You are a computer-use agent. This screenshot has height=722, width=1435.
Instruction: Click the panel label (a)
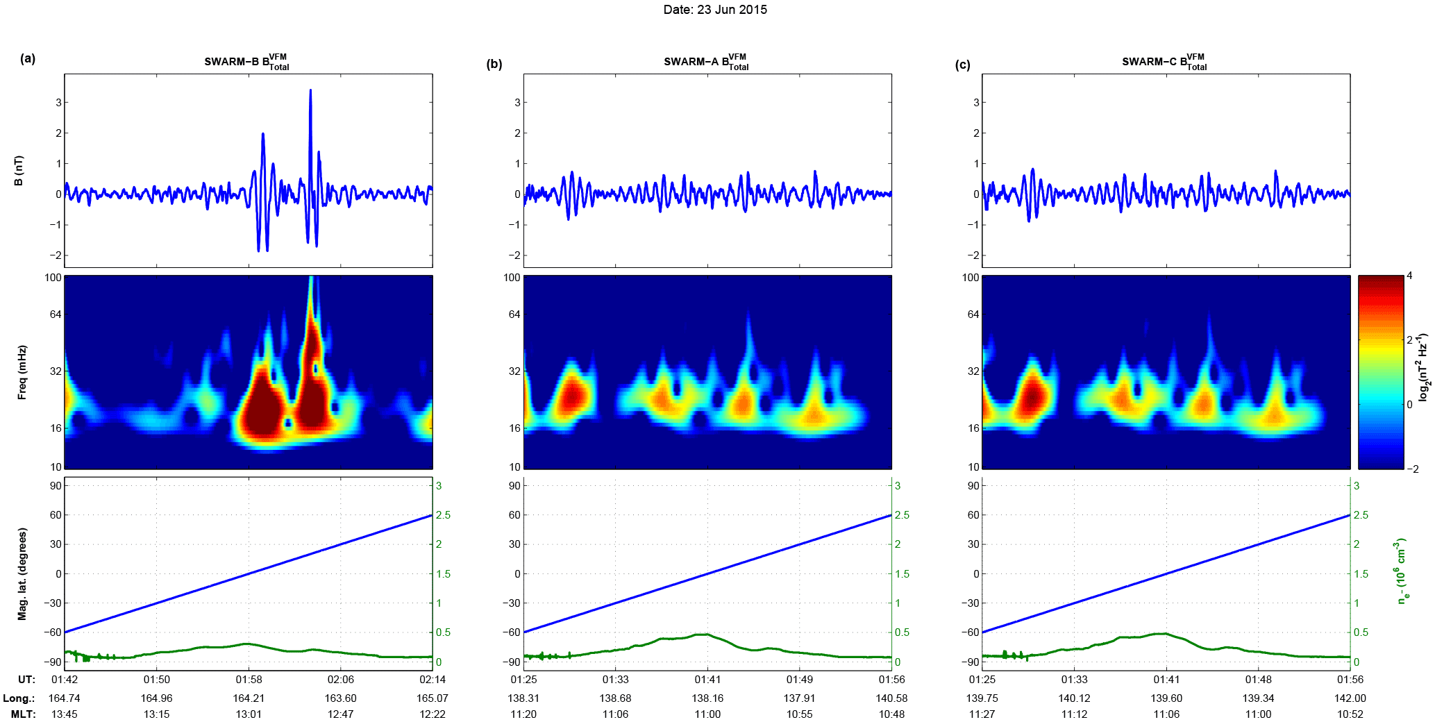(x=28, y=58)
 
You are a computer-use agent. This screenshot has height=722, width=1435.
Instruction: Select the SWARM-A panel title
(x=706, y=62)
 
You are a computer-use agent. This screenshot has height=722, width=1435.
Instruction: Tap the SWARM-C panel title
(x=1164, y=62)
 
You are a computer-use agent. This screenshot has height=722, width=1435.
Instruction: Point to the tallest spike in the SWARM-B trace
(x=310, y=91)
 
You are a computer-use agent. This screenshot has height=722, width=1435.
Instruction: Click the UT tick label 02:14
(x=433, y=680)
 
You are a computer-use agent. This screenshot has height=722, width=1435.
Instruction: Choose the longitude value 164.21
(x=249, y=698)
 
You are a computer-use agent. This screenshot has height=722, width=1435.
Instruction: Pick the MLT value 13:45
(x=65, y=714)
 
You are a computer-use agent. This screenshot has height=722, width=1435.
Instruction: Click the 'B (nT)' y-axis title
(x=19, y=171)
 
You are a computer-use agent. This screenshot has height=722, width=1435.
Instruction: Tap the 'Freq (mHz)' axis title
(x=22, y=372)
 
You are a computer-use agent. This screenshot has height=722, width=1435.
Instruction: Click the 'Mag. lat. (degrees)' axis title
(x=22, y=573)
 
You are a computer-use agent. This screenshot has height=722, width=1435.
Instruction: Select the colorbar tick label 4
(x=1409, y=276)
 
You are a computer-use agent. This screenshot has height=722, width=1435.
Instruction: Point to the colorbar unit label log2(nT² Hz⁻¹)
(x=1423, y=368)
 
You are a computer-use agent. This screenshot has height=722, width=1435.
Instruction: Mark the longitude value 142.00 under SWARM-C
(x=1350, y=698)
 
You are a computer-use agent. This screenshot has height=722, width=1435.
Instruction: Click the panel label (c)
(x=962, y=65)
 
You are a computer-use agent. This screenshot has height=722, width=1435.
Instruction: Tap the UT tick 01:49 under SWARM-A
(x=800, y=680)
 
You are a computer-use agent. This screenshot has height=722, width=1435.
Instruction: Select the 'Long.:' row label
(x=19, y=698)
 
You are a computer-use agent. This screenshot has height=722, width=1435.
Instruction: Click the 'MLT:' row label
(x=23, y=714)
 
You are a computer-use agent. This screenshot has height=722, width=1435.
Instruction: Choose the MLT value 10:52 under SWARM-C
(x=1350, y=714)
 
